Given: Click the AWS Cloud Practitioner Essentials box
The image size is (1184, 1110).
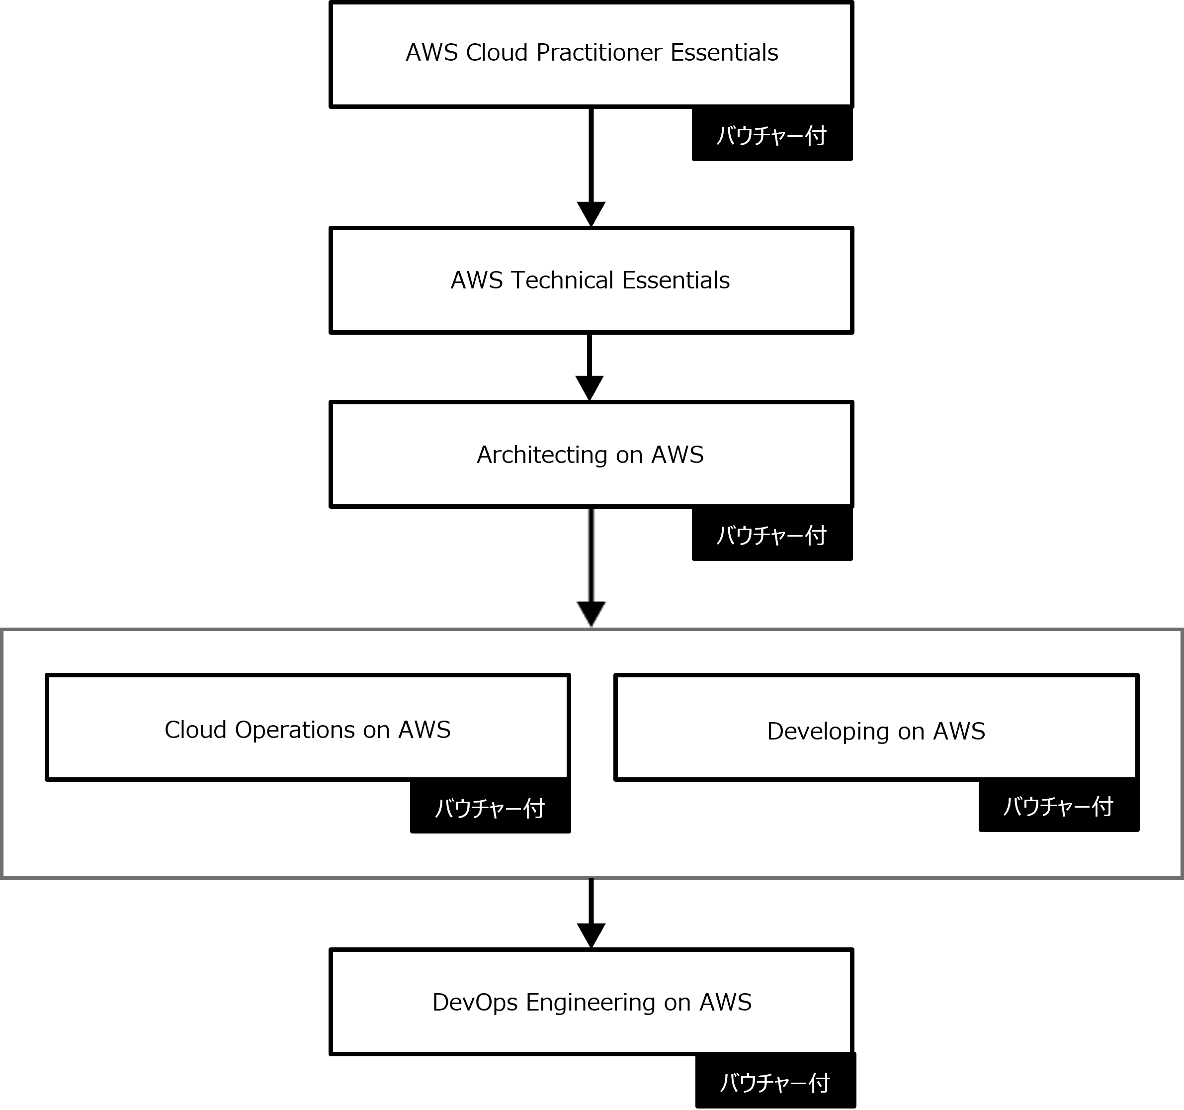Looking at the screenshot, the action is pyautogui.click(x=592, y=54).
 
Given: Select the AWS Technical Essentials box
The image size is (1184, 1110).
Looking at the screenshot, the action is pyautogui.click(x=592, y=280).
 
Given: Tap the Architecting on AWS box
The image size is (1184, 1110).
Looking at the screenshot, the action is pyautogui.click(x=592, y=455).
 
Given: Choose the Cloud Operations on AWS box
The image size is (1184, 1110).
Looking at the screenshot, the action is pyautogui.click(x=308, y=728).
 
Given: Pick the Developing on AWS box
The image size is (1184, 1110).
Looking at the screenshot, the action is pyautogui.click(x=876, y=728).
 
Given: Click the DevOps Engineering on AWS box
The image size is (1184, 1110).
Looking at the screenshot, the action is pyautogui.click(x=592, y=1002).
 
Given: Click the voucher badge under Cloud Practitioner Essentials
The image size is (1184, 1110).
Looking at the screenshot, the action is pyautogui.click(x=772, y=135).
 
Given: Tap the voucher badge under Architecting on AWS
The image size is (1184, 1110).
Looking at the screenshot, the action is pyautogui.click(x=772, y=535).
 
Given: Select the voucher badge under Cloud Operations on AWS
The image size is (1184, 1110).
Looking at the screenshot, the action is pyautogui.click(x=490, y=807).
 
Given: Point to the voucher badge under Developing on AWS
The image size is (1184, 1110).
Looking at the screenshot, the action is pyautogui.click(x=1059, y=806).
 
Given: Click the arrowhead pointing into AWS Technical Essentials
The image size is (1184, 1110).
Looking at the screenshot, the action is pyautogui.click(x=592, y=214).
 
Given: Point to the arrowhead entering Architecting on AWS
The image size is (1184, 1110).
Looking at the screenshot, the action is pyautogui.click(x=590, y=388).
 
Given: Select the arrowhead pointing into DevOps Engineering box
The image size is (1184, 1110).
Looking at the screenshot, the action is pyautogui.click(x=592, y=936).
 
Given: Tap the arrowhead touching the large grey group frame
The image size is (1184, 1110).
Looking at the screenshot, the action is pyautogui.click(x=592, y=614).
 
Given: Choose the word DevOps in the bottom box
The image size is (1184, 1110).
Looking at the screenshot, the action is pyautogui.click(x=475, y=1003).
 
